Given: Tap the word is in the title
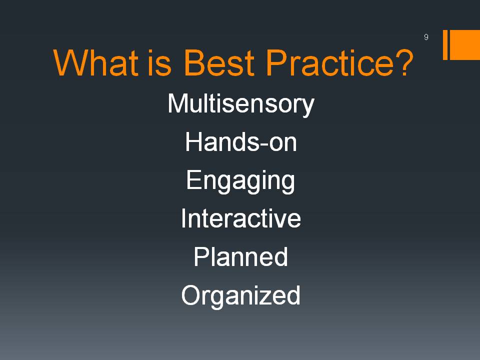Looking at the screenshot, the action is (159, 63).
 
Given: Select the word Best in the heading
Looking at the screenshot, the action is (219, 63).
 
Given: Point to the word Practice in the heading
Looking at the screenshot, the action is (329, 63).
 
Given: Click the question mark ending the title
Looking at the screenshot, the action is (404, 62).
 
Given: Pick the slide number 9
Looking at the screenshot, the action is (426, 37).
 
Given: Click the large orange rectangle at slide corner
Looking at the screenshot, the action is (464, 44).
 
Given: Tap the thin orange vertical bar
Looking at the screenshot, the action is (445, 44).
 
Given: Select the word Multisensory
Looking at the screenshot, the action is (241, 104).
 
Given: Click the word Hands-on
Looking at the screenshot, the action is (241, 141).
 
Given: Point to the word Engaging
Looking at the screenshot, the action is (240, 181).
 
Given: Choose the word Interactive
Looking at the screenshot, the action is (241, 218).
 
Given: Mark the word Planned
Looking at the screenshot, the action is (240, 257).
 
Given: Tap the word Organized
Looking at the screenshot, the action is (240, 295).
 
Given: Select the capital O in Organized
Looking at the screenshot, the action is (191, 295).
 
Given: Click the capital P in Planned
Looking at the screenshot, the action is (201, 256).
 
